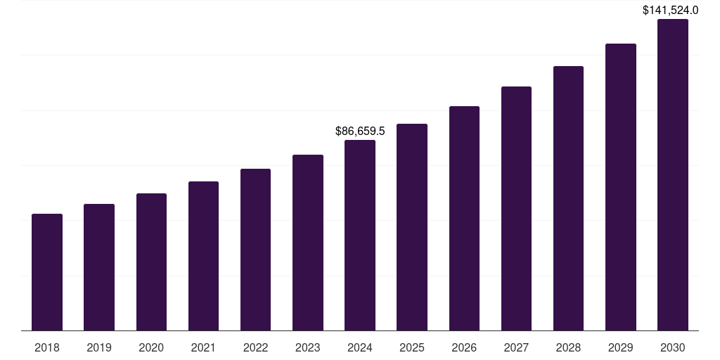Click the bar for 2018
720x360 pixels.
(47, 272)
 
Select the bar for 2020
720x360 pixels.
(151, 262)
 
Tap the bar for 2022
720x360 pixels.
(255, 250)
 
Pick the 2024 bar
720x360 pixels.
(360, 235)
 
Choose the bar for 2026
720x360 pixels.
(464, 218)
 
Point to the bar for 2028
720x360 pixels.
(568, 198)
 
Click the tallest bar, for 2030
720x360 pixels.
(673, 174)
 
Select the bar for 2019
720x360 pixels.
(99, 267)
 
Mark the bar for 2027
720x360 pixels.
(516, 208)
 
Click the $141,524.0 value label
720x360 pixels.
(671, 11)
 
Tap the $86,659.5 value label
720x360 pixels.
(360, 131)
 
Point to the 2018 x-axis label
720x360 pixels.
(47, 347)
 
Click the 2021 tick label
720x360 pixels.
(203, 347)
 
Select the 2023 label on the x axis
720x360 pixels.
(308, 347)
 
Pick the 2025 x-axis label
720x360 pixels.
(412, 347)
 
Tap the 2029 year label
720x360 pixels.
(621, 347)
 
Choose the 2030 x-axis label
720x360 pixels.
(673, 347)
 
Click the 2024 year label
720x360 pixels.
(360, 347)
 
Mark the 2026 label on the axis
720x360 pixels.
(464, 347)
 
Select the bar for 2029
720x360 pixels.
(621, 187)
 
